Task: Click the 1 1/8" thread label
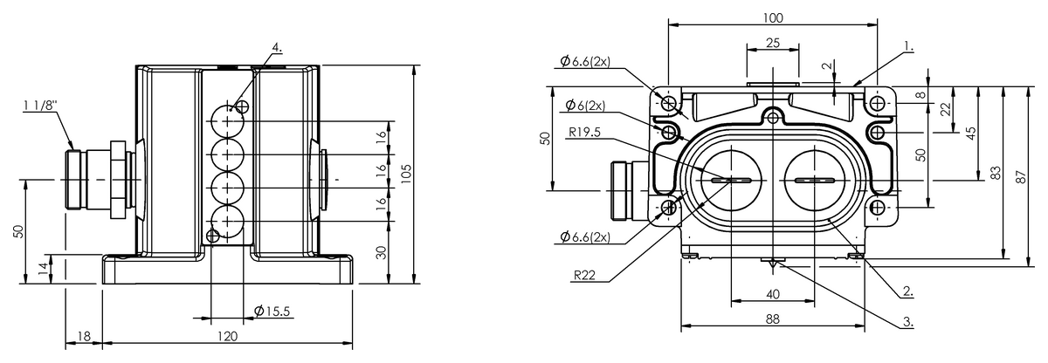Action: [x=40, y=106]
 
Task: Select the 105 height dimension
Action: [x=406, y=174]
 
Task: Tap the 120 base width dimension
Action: [x=228, y=336]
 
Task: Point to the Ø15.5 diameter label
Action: [x=272, y=311]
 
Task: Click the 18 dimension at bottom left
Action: [x=84, y=336]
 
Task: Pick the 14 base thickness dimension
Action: [x=43, y=268]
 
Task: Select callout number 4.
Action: [x=277, y=47]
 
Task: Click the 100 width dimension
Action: [x=773, y=17]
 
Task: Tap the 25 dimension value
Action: [x=773, y=43]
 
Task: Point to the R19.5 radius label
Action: [x=584, y=133]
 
